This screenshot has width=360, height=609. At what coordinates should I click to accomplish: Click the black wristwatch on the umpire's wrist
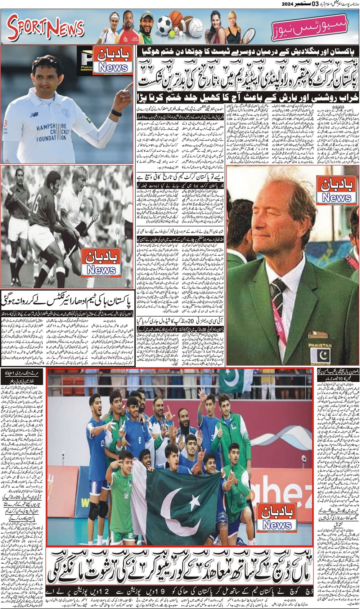[116, 112]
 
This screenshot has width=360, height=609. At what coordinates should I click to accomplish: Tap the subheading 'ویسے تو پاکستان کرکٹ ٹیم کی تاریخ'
[180, 177]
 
